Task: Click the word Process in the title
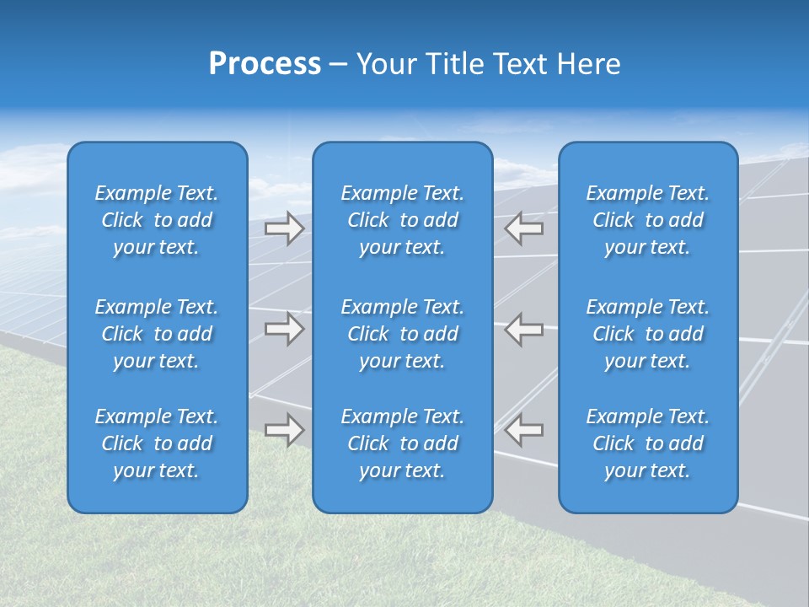(265, 64)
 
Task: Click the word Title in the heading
(457, 64)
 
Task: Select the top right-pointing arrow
(284, 228)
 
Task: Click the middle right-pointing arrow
(284, 329)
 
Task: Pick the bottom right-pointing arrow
(284, 430)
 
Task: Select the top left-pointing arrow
(524, 228)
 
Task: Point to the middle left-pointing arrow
(524, 329)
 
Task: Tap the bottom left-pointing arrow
(524, 430)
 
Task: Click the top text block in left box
(157, 220)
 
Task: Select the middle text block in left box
(157, 334)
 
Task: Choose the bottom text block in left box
(157, 443)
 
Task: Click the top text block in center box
(402, 220)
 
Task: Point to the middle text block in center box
(402, 334)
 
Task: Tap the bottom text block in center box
(402, 443)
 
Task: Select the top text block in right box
(647, 220)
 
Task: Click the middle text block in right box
(647, 334)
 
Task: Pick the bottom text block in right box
(647, 443)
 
